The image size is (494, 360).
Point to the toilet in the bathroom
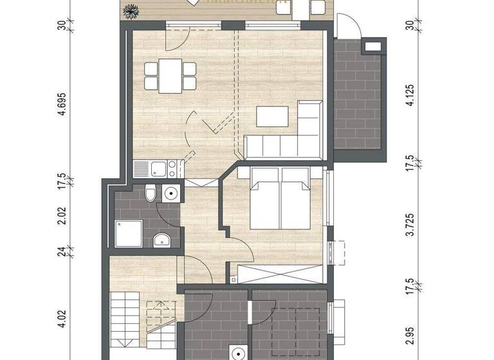pyautogui.click(x=149, y=193)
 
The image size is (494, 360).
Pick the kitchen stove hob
pyautogui.click(x=173, y=170)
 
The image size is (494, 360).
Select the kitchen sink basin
pyautogui.click(x=157, y=170)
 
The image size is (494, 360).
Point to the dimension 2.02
pyautogui.click(x=62, y=217)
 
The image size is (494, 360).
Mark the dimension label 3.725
pyautogui.click(x=412, y=228)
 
